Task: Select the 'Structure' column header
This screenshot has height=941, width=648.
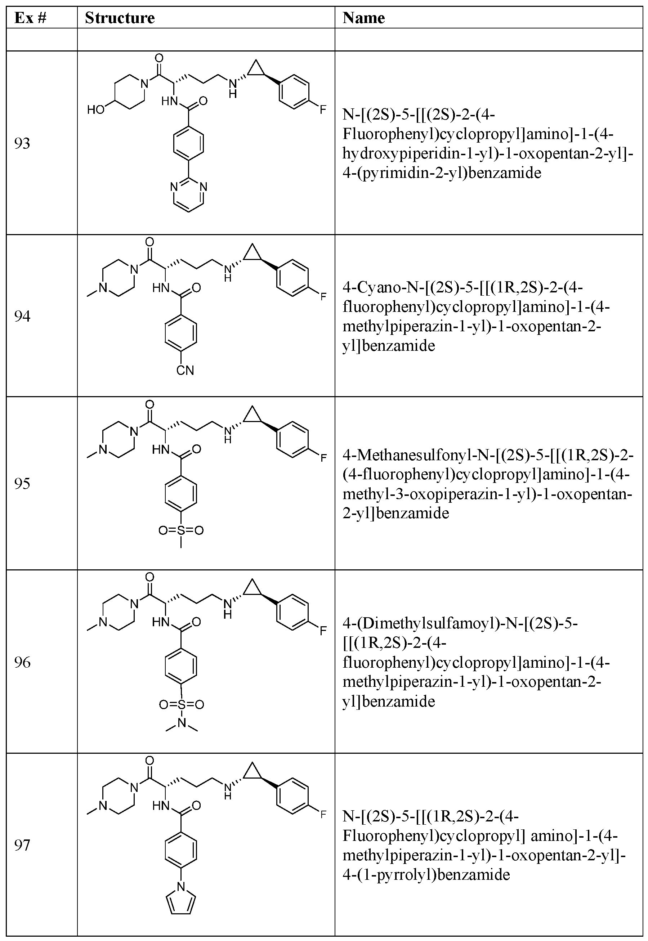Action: (x=120, y=18)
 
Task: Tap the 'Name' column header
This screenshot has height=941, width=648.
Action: (x=363, y=18)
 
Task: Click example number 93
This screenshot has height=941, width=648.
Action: (x=22, y=143)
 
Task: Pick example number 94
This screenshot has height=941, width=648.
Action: (x=22, y=316)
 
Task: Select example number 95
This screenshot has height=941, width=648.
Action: (x=22, y=483)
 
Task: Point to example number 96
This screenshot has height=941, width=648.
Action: (x=22, y=662)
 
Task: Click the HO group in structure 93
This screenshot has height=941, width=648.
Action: (x=96, y=109)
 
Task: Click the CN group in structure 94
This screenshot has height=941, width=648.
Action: (x=185, y=370)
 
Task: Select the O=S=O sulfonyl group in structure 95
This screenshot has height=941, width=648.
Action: (x=181, y=530)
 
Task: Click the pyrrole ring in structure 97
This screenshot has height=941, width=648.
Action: (x=181, y=902)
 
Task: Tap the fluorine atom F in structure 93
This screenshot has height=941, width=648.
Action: (x=323, y=109)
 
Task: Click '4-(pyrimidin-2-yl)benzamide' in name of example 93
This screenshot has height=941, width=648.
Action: (x=442, y=173)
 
